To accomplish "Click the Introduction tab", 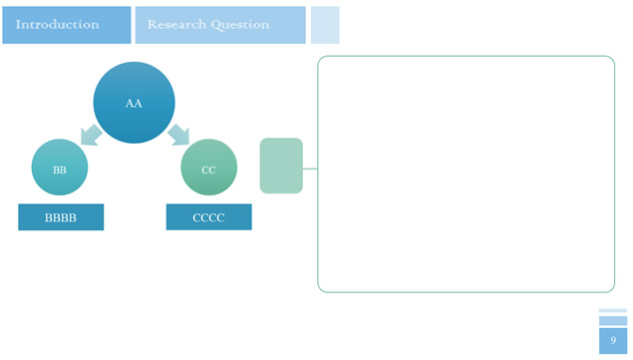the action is click(67, 25).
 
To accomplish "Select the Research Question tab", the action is click(220, 25).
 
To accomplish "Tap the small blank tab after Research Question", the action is click(325, 25).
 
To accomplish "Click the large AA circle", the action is click(134, 103).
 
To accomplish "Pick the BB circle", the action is click(60, 168).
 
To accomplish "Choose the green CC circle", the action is click(208, 168).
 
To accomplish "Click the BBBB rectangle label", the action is click(61, 217).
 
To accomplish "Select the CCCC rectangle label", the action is click(209, 217).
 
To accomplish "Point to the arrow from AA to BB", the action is click(92, 135).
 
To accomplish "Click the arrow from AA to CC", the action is click(178, 135).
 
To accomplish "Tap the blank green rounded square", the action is click(281, 166).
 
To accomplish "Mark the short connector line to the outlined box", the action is click(310, 169).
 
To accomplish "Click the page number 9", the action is click(613, 341).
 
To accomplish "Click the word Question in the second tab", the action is click(240, 25).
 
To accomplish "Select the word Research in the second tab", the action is click(176, 25).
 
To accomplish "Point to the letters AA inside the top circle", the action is click(134, 104).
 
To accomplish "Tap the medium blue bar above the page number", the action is click(613, 321).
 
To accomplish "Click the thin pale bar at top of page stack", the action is click(613, 311).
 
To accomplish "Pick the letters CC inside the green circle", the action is click(208, 171).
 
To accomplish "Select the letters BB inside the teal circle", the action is click(60, 171).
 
